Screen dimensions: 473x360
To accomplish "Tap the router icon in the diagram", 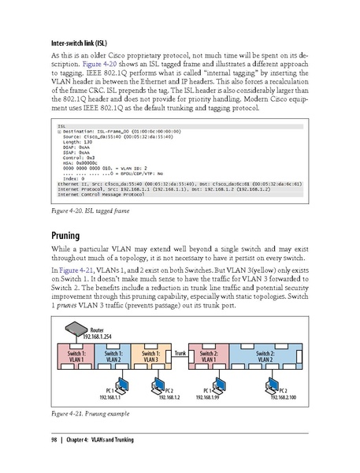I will point(77,331).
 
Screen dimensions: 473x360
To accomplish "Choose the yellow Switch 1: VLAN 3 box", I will point(150,356).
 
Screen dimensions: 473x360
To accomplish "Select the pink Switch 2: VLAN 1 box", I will point(210,356).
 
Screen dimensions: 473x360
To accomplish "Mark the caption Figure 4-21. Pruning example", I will point(93,413).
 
